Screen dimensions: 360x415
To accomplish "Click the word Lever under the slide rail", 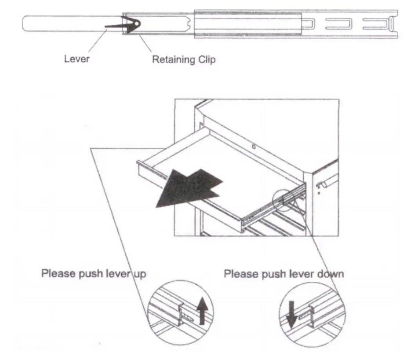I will (76, 59).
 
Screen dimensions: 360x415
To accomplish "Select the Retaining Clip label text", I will (184, 59).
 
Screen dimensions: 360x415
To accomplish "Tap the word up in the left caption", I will (139, 273).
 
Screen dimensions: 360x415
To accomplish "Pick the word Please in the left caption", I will (57, 273).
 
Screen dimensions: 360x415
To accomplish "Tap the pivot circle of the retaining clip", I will (137, 24).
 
